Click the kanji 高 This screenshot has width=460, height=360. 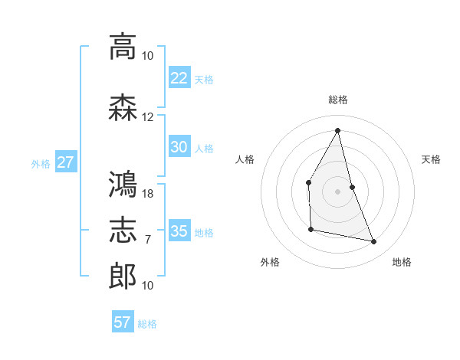(x=123, y=47)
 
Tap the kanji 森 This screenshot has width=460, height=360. (x=123, y=108)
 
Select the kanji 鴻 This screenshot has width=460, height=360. (x=123, y=185)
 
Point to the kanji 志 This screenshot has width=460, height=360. (x=123, y=231)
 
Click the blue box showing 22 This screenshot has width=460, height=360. (x=179, y=77)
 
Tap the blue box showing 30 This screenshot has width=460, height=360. (x=179, y=147)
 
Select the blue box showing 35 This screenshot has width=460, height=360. (x=179, y=231)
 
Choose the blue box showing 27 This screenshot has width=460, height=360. (x=66, y=162)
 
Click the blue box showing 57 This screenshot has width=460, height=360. (x=122, y=322)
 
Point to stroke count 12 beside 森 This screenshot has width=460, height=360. (x=148, y=117)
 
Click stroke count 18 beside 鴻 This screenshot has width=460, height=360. (x=148, y=194)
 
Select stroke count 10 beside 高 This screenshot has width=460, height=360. (x=148, y=56)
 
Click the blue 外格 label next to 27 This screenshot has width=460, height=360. (x=41, y=163)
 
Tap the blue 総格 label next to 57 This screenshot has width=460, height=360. (x=147, y=324)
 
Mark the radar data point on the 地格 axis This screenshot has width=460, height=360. (x=374, y=242)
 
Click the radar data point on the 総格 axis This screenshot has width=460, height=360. (x=337, y=129)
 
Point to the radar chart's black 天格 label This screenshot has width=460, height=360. (x=431, y=159)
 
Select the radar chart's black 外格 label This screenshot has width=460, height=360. (x=270, y=262)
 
